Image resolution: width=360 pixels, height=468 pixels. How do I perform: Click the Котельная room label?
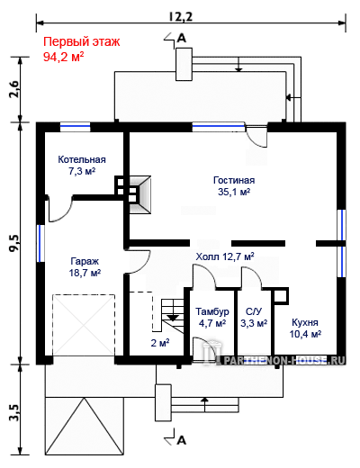coord(82,159)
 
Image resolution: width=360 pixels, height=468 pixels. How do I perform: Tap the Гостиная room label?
coord(234,180)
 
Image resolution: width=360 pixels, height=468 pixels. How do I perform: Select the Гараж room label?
coord(85,261)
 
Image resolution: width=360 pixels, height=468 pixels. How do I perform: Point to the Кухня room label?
coord(305,322)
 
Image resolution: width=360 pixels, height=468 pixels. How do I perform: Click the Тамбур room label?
coord(212,311)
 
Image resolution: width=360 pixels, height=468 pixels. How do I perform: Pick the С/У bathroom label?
coord(254,311)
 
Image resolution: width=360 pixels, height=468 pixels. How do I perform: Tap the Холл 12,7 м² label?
coord(225,256)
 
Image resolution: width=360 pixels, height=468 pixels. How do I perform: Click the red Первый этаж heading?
coord(82,41)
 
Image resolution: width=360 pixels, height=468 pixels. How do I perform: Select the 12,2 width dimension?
coord(180,17)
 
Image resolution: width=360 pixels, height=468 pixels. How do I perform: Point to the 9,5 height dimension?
coord(14,243)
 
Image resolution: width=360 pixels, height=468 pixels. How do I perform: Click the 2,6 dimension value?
coord(14,89)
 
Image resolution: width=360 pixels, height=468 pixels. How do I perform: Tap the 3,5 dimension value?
coord(14,413)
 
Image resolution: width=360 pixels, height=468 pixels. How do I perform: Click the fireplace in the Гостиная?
coord(139,194)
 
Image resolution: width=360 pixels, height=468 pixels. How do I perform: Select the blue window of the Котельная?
coord(75,127)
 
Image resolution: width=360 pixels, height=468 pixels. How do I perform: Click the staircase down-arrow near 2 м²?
coord(173,318)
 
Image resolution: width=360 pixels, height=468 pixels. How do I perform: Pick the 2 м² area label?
coord(160,343)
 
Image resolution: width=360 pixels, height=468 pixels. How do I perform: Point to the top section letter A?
coord(182,38)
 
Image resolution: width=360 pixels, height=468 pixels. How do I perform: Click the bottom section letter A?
coord(182,440)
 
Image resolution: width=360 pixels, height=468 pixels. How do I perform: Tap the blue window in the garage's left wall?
coord(40,243)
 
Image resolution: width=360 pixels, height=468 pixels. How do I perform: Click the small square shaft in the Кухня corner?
coord(281,296)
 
